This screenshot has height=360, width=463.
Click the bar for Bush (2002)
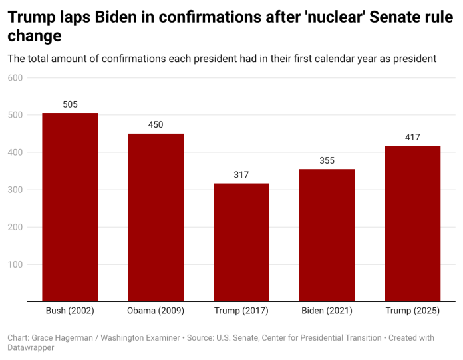[70, 207]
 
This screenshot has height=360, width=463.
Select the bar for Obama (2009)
[156, 218]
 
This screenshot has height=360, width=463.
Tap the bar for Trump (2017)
[241, 242]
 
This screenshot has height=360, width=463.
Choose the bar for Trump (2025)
[412, 224]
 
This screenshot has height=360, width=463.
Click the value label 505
[70, 104]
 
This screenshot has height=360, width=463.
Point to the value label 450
[156, 124]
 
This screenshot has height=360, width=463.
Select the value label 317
[241, 174]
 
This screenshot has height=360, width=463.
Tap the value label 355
[327, 160]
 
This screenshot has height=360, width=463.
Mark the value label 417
[412, 138]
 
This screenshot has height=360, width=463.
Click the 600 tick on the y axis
[15, 78]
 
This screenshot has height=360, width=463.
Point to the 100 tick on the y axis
[15, 264]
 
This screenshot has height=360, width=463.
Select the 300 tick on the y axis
[15, 190]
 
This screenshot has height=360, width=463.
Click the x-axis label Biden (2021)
[327, 311]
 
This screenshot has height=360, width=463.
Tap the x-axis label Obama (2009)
[156, 311]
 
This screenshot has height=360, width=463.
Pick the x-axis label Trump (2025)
[412, 311]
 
